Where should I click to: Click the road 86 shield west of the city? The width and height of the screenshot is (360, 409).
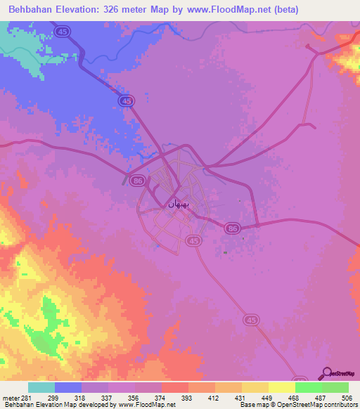click(138, 180)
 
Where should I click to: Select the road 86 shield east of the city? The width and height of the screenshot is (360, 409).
click(233, 228)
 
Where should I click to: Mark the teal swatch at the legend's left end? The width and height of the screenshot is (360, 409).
click(41, 387)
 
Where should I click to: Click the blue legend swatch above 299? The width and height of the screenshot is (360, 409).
click(68, 387)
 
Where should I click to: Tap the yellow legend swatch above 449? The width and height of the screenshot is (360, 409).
click(255, 387)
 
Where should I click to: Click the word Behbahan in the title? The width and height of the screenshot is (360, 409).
click(33, 10)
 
